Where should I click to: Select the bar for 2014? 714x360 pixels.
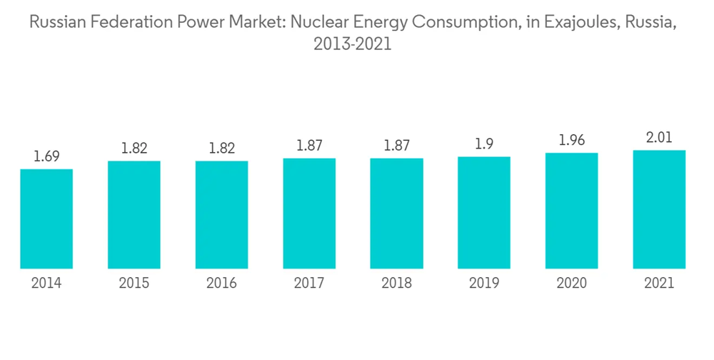coord(46,219)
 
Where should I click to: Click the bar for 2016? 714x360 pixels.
coord(221,214)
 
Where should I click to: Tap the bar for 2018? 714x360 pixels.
coord(396,213)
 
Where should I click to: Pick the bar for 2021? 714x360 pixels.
coord(659,209)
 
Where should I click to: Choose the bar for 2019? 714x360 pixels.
coord(484,212)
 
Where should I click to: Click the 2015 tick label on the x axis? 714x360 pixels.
coord(134,284)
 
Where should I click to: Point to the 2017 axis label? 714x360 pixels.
coord(309,284)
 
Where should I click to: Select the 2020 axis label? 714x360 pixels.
coord(571,284)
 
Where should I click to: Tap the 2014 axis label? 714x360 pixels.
coord(46,284)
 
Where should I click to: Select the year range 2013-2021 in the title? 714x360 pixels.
coord(353,44)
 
